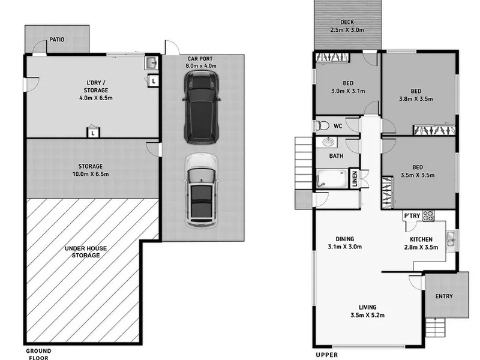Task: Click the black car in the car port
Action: point(201,107)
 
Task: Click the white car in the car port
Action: point(201,190)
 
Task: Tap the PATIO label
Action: point(57,40)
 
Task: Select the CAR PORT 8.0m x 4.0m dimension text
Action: point(200,66)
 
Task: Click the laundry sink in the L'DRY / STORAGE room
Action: point(151,63)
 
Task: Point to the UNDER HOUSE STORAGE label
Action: point(86,251)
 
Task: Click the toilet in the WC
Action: point(322,125)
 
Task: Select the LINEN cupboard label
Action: point(355,178)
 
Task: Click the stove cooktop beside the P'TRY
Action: point(428,216)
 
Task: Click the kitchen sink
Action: point(451,239)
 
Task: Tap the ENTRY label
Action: point(444,296)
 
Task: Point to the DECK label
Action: point(347,22)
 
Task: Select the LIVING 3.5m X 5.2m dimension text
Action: point(368,315)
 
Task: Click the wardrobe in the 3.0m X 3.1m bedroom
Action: point(332,58)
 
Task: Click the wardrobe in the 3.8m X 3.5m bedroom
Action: point(434,130)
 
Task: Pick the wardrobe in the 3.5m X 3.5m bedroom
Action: point(388,193)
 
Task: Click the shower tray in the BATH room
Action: point(332,179)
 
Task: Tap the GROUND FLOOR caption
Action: point(38,354)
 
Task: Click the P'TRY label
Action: point(412,216)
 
